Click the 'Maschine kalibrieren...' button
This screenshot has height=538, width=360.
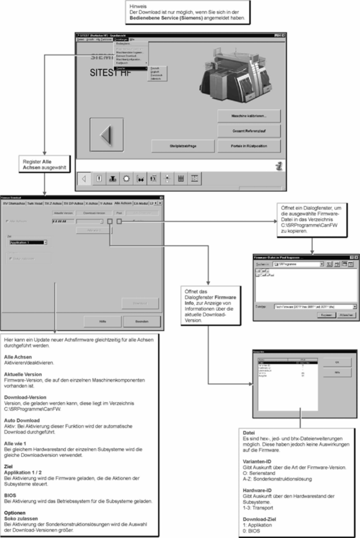249,116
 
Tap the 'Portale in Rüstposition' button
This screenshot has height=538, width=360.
249,146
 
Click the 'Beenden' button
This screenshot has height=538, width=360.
141,321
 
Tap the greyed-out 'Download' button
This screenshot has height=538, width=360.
140,303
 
